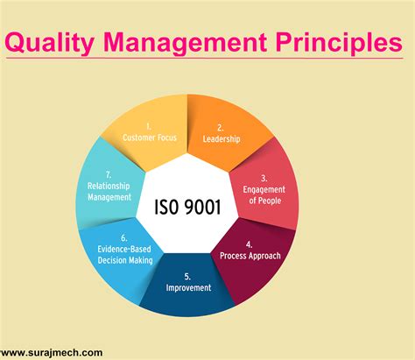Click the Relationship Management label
(x=111, y=192)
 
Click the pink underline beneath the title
(x=207, y=60)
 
